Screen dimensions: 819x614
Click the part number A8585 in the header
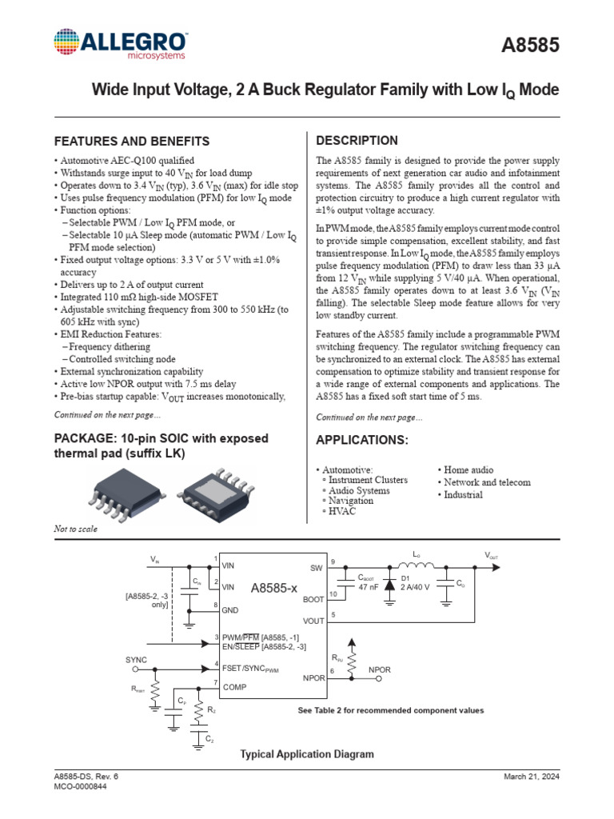point(529,46)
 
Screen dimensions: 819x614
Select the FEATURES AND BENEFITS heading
point(131,142)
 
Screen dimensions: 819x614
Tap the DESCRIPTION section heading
point(357,141)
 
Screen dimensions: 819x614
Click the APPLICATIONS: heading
point(362,441)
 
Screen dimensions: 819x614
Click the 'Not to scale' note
point(75,529)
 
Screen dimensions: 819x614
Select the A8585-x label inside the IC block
point(273,588)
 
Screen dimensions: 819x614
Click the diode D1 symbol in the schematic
point(390,585)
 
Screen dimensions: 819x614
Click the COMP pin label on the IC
point(236,687)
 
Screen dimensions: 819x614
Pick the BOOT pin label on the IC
point(313,598)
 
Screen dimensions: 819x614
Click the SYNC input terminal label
point(137,659)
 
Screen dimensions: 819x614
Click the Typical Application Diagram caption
point(307,754)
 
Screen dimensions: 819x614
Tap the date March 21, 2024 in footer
point(532,777)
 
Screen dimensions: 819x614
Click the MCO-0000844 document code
point(80,786)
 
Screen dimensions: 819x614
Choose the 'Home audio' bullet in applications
point(468,470)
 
